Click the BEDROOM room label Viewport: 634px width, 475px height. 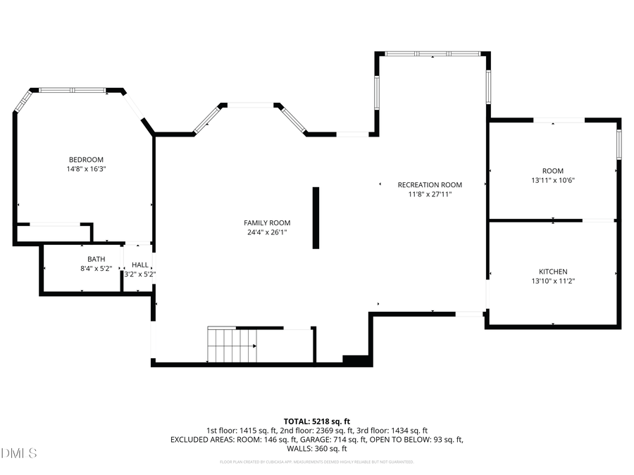(86, 160)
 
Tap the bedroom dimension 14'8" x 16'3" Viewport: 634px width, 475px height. (86, 169)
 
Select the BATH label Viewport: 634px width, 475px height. (96, 259)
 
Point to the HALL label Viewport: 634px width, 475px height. (140, 265)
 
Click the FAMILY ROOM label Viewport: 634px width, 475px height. (267, 223)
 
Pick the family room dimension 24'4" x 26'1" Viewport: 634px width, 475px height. (267, 232)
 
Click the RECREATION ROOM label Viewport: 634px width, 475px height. (429, 184)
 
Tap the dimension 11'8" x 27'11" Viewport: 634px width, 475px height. (429, 194)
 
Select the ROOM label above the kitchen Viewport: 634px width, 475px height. (552, 171)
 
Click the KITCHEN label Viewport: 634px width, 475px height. (553, 272)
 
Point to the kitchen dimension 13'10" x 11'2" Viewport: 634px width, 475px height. (553, 281)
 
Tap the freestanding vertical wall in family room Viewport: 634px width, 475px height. (316, 217)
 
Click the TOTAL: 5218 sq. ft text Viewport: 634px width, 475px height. (316, 421)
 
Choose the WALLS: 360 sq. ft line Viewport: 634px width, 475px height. (316, 448)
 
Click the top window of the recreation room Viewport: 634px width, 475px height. (433, 53)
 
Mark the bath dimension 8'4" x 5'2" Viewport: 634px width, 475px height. (96, 268)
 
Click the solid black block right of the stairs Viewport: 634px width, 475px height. (356, 360)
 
